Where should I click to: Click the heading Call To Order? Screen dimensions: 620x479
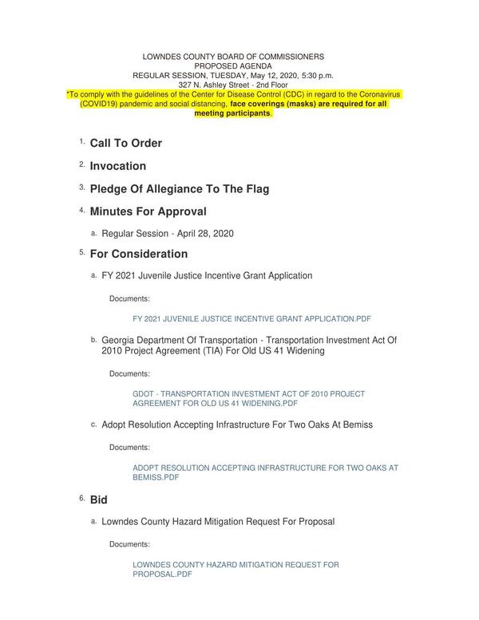click(x=125, y=143)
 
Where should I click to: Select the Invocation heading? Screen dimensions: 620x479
click(x=117, y=166)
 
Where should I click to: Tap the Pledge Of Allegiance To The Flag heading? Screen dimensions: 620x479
click(x=179, y=189)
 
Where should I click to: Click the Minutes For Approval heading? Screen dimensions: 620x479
click(x=148, y=211)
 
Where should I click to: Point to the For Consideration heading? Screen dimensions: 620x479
click(x=138, y=254)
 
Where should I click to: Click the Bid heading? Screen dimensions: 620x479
click(x=98, y=499)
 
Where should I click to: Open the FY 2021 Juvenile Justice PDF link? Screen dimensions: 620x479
click(x=251, y=318)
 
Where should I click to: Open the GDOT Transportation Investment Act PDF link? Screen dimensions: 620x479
click(x=248, y=398)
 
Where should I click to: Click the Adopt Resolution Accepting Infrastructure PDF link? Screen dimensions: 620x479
click(x=264, y=472)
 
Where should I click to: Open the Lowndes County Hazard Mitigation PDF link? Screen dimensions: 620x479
click(x=236, y=569)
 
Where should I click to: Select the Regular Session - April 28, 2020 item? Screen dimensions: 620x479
click(x=168, y=234)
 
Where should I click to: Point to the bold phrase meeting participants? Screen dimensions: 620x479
click(x=232, y=113)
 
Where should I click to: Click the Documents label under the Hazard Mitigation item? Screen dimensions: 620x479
click(x=129, y=544)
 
